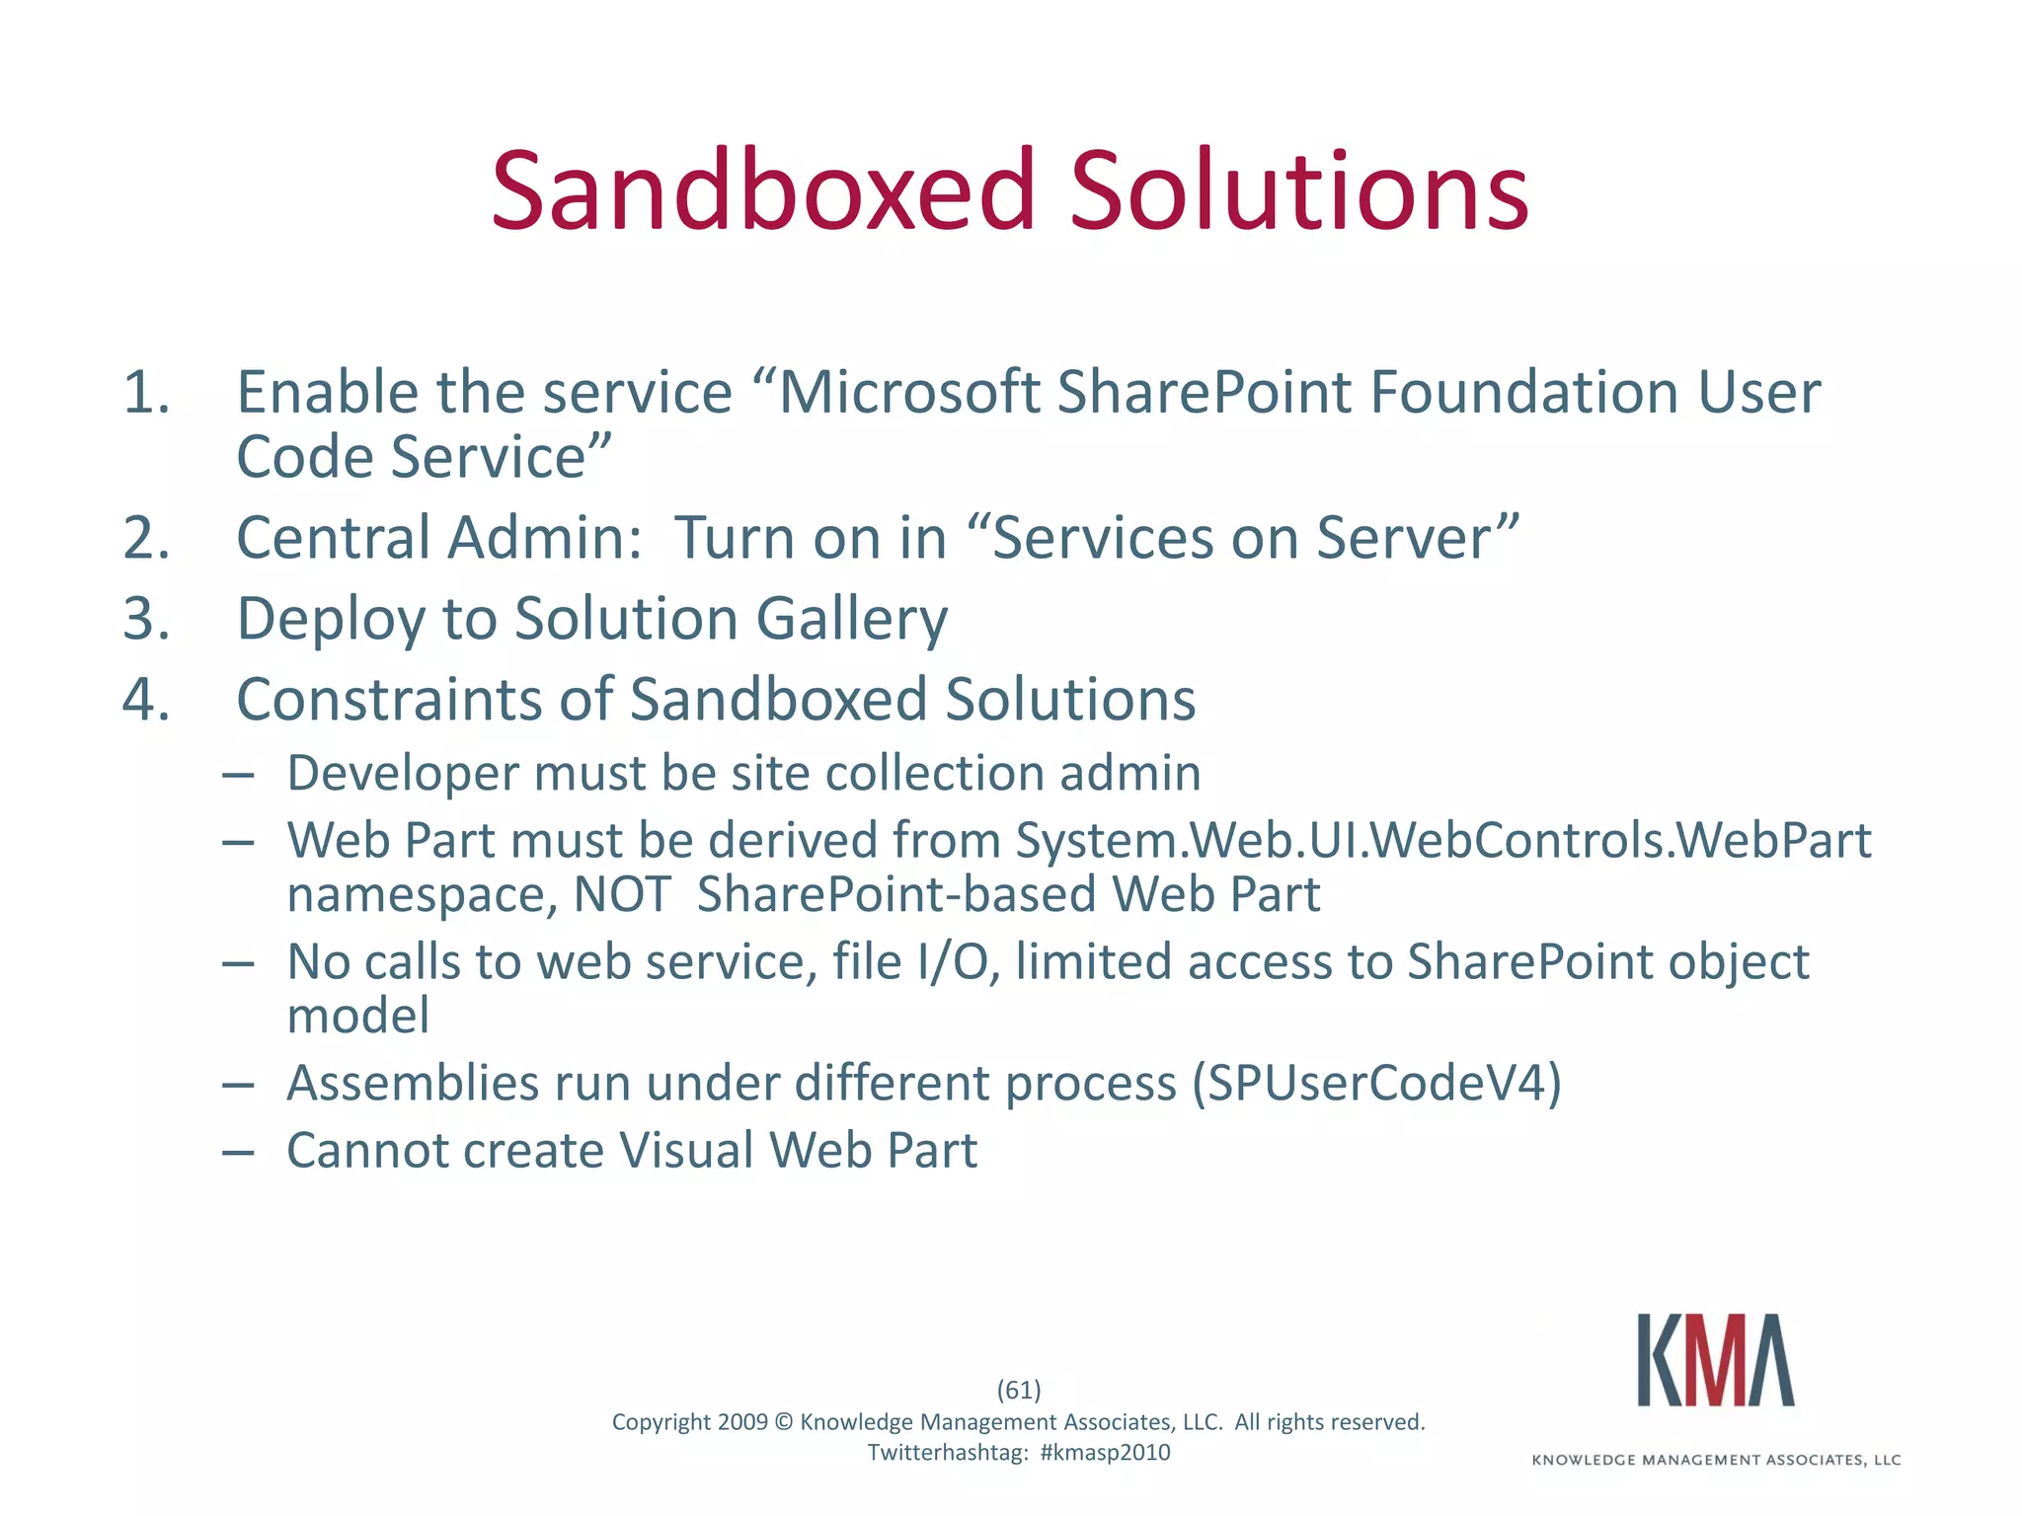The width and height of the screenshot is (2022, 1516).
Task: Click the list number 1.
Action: (146, 393)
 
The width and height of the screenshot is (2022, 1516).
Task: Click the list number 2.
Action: (146, 539)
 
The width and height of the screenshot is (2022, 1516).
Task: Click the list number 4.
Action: (146, 701)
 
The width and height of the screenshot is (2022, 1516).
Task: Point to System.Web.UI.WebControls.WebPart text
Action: (1442, 842)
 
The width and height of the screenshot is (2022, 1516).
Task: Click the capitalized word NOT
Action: (622, 895)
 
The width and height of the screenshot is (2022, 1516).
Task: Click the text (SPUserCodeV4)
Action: (1376, 1084)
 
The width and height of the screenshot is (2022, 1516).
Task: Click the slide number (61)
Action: (1018, 1390)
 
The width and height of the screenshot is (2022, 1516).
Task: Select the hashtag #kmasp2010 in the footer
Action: (1105, 1452)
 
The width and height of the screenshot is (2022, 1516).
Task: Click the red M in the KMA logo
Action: (1717, 1361)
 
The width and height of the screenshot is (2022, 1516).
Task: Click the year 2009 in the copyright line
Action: (742, 1422)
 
